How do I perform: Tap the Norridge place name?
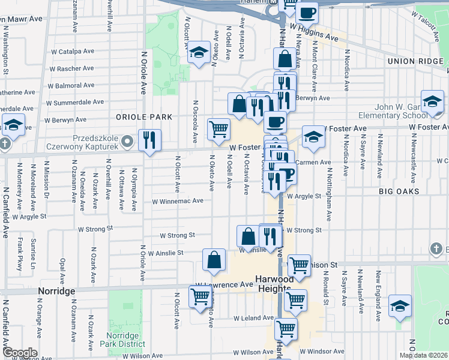(x=56, y=291)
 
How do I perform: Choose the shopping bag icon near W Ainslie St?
(x=214, y=259)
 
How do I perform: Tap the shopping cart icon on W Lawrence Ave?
(x=200, y=296)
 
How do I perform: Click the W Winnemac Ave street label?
(x=178, y=202)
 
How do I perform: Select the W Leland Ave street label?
(x=254, y=318)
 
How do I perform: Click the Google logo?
(x=19, y=353)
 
